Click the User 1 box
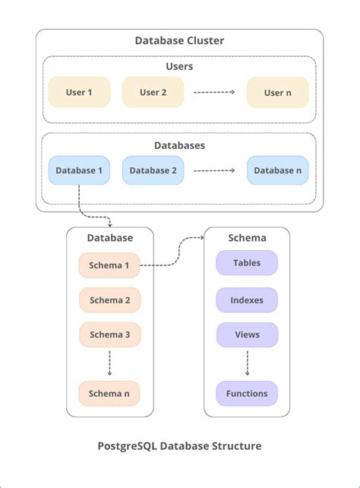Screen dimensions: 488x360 79,92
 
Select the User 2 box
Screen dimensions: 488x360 153,92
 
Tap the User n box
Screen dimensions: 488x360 277,92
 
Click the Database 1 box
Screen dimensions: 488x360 79,170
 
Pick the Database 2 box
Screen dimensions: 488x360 153,170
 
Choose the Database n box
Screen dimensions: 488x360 277,170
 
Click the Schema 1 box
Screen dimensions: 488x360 109,265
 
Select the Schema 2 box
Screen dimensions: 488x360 109,300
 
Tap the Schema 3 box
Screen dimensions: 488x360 109,334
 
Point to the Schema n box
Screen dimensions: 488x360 109,393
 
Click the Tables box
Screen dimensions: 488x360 247,263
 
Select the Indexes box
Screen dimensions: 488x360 247,300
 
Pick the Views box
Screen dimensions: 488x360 247,334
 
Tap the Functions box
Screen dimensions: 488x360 247,393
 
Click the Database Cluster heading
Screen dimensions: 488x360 179,41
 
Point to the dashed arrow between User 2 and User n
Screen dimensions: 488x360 215,93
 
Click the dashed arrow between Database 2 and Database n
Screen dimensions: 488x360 215,171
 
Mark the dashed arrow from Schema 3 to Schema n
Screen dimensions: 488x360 109,363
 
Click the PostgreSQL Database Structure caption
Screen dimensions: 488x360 179,446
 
